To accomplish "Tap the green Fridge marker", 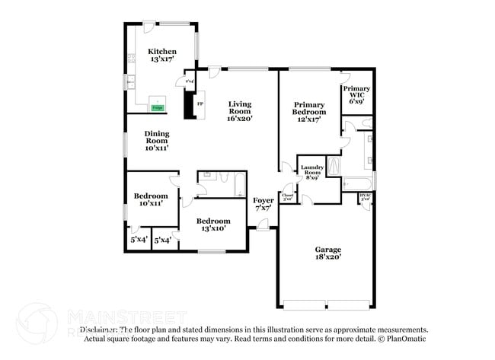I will [x=157, y=108].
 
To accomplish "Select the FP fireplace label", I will [x=200, y=104].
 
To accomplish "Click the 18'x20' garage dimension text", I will [x=329, y=258].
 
